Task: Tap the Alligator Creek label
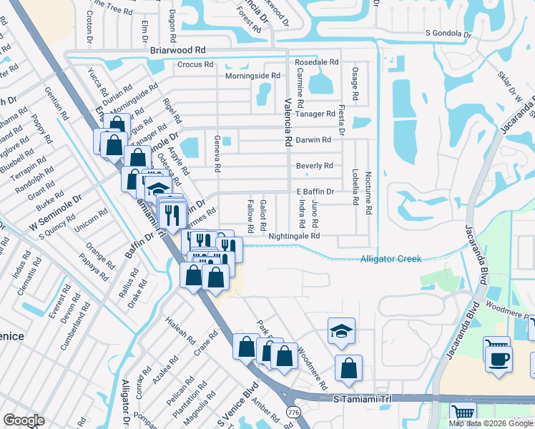[391, 259]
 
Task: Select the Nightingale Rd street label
[293, 235]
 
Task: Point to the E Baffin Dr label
[315, 192]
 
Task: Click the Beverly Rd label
[315, 166]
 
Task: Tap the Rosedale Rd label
[316, 62]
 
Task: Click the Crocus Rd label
[195, 64]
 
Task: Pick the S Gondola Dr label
[448, 34]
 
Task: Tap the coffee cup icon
[499, 357]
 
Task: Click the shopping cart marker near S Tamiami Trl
[463, 413]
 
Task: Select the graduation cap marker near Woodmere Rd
[342, 330]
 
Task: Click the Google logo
[24, 420]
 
